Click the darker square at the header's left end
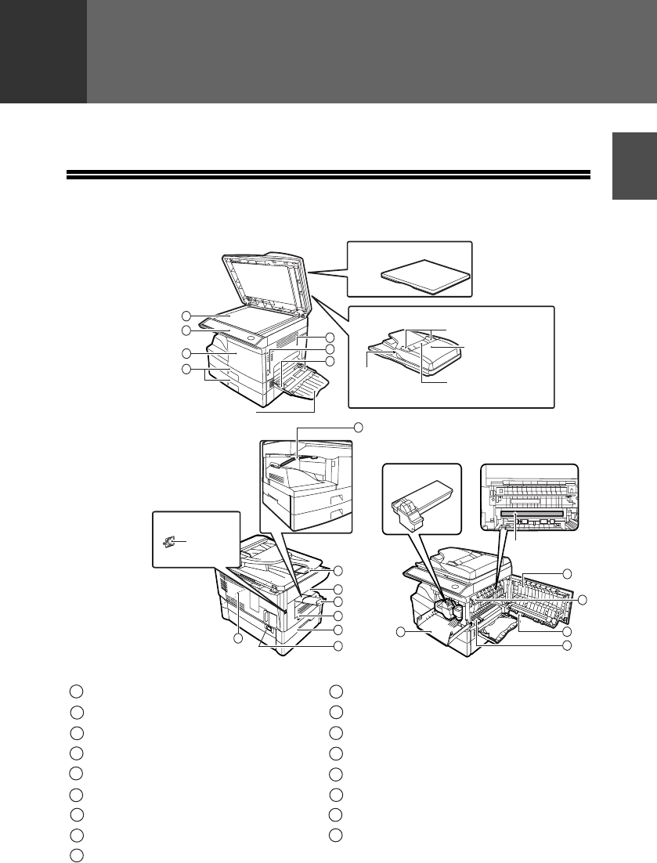click(x=43, y=51)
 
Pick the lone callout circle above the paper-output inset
click(x=358, y=427)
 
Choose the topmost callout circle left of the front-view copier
click(x=186, y=316)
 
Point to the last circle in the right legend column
click(x=336, y=834)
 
